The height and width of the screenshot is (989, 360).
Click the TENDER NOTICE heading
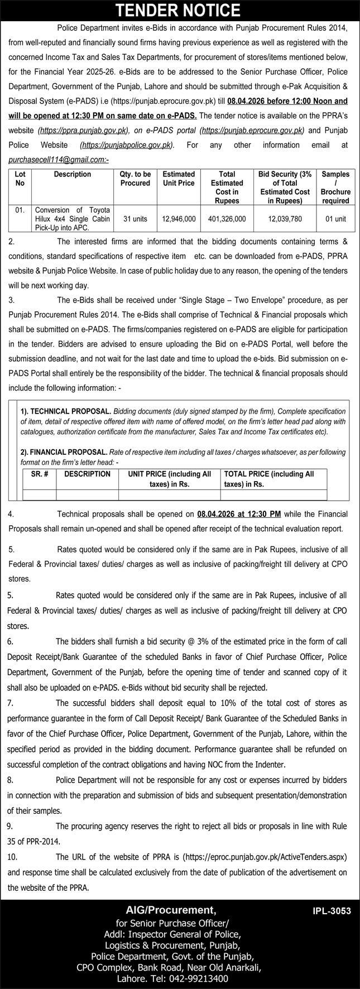point(180,9)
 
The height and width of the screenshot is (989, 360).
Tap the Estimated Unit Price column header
point(179,179)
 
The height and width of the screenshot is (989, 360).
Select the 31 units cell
point(135,219)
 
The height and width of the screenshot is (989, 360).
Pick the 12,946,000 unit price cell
point(179,219)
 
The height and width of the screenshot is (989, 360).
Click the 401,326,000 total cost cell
point(227,219)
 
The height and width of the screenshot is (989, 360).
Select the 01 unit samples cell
point(335,219)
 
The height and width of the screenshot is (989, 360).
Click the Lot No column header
point(20,179)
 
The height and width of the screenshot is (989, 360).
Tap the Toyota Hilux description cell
point(74,219)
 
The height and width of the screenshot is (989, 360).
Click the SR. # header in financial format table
point(39,474)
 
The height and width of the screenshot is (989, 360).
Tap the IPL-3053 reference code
point(332,911)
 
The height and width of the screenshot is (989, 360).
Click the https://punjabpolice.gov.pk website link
point(127,145)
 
